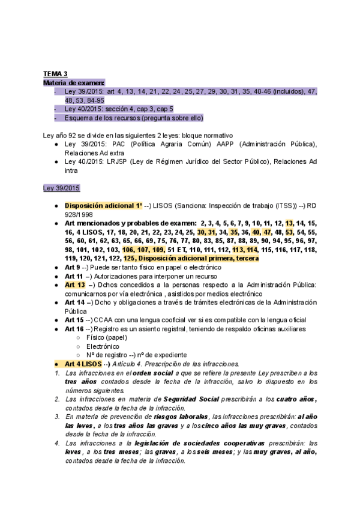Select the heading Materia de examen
(x=70, y=83)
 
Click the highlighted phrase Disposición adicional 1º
(x=103, y=205)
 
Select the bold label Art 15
(x=74, y=320)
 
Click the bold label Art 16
(x=74, y=329)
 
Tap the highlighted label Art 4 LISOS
(x=83, y=364)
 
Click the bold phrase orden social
(x=145, y=373)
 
